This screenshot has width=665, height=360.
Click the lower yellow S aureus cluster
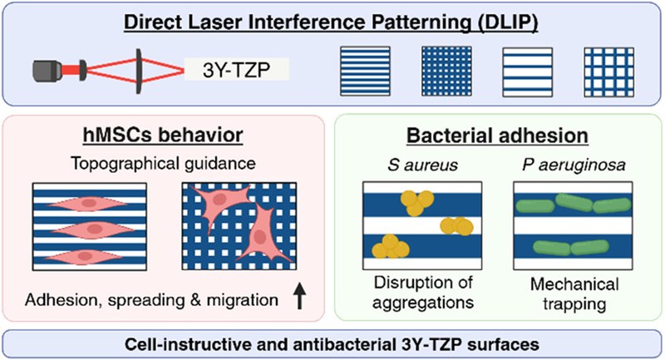click(391, 244)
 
